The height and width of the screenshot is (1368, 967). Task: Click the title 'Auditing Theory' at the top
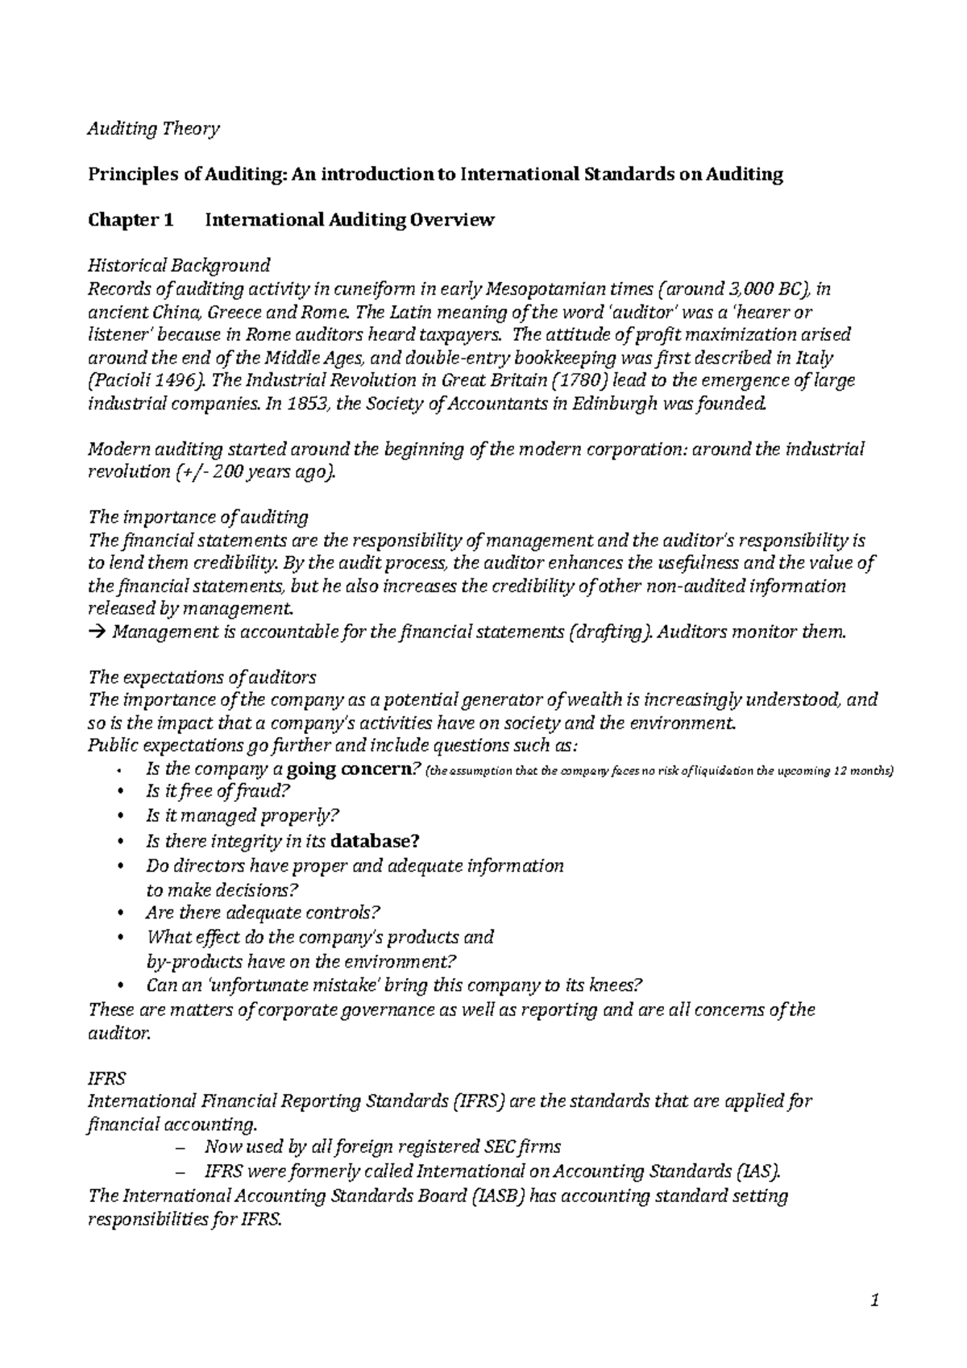pyautogui.click(x=153, y=129)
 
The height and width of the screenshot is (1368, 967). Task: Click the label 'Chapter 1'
pyautogui.click(x=131, y=220)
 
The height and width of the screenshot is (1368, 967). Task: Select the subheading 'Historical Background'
pyautogui.click(x=179, y=265)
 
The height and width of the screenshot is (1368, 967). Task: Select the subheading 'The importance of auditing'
pyautogui.click(x=197, y=516)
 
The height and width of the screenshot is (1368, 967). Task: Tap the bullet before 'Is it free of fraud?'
pyautogui.click(x=122, y=793)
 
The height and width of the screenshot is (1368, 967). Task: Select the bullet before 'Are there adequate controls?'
pyautogui.click(x=122, y=914)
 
